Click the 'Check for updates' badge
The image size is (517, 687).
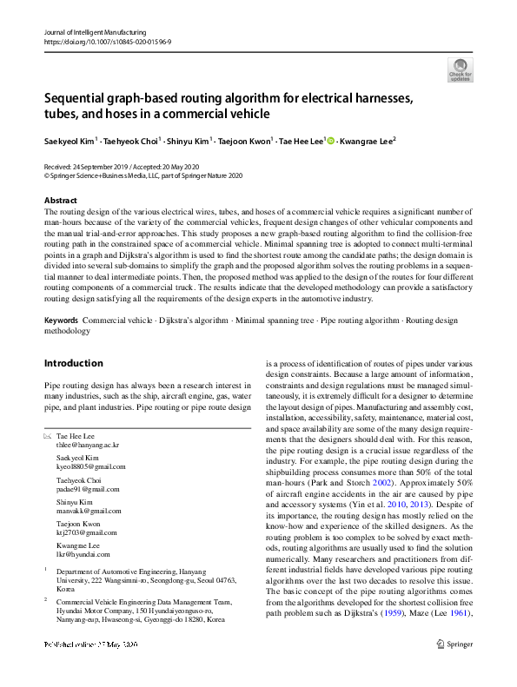(x=460, y=69)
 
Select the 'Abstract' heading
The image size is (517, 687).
(x=60, y=200)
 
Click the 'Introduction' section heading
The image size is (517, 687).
(x=73, y=363)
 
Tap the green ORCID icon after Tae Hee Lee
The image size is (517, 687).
(x=329, y=139)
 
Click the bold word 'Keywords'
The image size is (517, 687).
(x=61, y=320)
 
